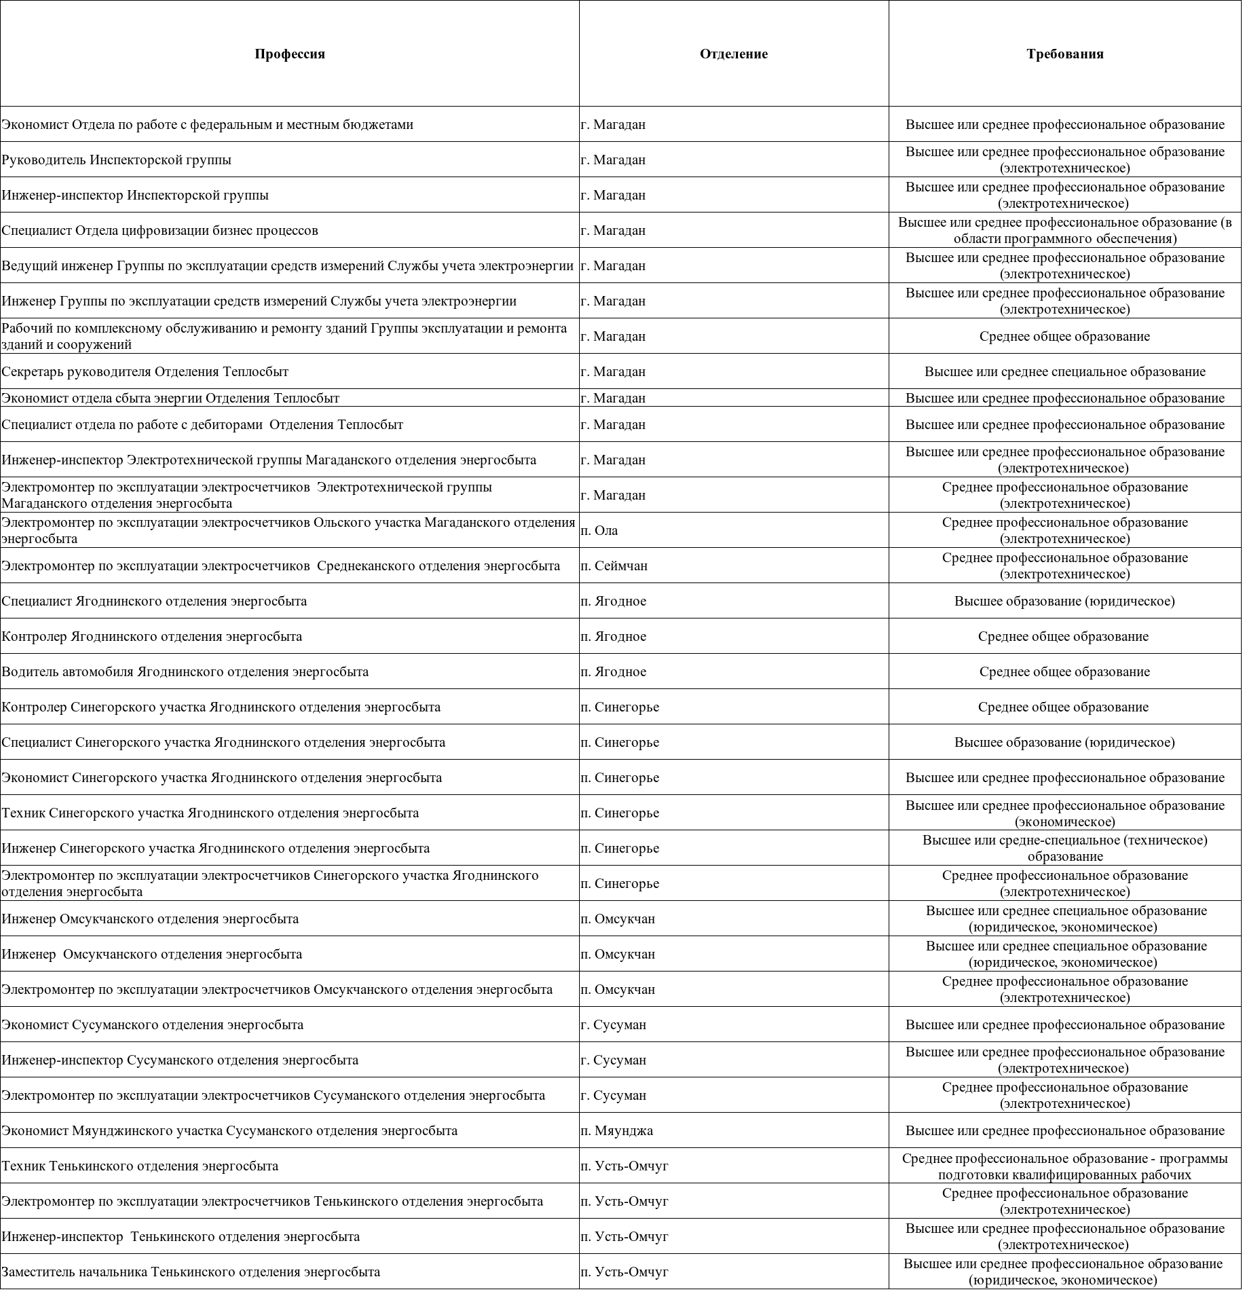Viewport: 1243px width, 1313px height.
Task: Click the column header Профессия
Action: click(290, 54)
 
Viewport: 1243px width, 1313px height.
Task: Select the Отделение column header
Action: click(733, 54)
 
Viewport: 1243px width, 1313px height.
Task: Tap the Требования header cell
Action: click(1064, 54)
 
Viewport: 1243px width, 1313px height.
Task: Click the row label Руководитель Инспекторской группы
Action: click(116, 160)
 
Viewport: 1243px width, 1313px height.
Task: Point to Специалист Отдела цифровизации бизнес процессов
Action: click(160, 231)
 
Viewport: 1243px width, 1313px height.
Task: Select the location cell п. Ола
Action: click(599, 531)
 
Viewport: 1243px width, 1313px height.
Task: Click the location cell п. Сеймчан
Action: click(614, 566)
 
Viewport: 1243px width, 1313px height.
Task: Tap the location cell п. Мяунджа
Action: click(617, 1131)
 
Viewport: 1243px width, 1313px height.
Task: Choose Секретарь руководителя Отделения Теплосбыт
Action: click(145, 372)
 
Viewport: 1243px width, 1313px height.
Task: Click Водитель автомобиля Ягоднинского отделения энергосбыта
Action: click(185, 672)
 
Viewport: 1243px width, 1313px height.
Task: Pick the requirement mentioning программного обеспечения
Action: click(1064, 231)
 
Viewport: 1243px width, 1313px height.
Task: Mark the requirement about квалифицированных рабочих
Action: click(1064, 1166)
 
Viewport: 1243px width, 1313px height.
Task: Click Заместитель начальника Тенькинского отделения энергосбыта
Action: click(191, 1272)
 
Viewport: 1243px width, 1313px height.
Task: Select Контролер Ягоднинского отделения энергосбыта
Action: click(152, 637)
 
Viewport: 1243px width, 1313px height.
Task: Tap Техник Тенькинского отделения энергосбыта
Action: click(140, 1166)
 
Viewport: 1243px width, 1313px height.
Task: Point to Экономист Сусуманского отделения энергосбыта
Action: click(153, 1025)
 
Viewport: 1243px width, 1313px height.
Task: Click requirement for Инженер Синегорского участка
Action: click(1064, 849)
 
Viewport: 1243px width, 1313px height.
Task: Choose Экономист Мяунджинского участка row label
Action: click(229, 1131)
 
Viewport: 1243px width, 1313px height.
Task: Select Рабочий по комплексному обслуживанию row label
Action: click(284, 337)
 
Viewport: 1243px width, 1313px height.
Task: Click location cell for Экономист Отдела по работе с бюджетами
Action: click(614, 125)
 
